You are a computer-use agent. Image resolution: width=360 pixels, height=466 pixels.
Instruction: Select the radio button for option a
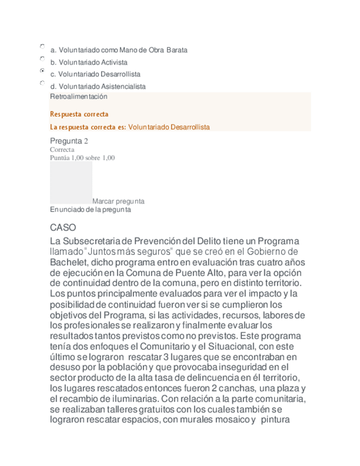pyautogui.click(x=42, y=46)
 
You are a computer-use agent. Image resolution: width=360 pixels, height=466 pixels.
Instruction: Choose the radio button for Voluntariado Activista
pyautogui.click(x=42, y=58)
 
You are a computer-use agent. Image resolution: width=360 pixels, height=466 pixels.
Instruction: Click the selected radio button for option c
pyautogui.click(x=42, y=71)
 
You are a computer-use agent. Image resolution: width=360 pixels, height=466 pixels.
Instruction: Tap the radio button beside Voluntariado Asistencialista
pyautogui.click(x=42, y=83)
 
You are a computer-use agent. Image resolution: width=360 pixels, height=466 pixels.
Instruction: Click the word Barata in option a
pyautogui.click(x=177, y=50)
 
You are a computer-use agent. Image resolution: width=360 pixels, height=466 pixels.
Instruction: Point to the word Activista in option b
pyautogui.click(x=113, y=62)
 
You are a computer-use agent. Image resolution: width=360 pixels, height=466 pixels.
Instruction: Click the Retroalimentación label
pyautogui.click(x=79, y=96)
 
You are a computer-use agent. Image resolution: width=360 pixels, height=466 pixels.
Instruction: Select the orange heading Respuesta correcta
pyautogui.click(x=79, y=114)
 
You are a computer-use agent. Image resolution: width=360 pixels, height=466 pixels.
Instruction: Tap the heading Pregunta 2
pyautogui.click(x=69, y=141)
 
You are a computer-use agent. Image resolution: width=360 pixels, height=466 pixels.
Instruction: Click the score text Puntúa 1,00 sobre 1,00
pyautogui.click(x=82, y=158)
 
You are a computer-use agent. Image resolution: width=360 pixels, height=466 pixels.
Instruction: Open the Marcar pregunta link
pyautogui.click(x=118, y=201)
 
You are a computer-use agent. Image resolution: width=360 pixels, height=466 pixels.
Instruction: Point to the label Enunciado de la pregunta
pyautogui.click(x=91, y=209)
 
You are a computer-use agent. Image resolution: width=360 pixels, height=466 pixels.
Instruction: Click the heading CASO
pyautogui.click(x=63, y=227)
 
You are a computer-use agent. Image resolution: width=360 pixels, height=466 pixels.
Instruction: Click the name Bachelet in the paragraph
pyautogui.click(x=68, y=262)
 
